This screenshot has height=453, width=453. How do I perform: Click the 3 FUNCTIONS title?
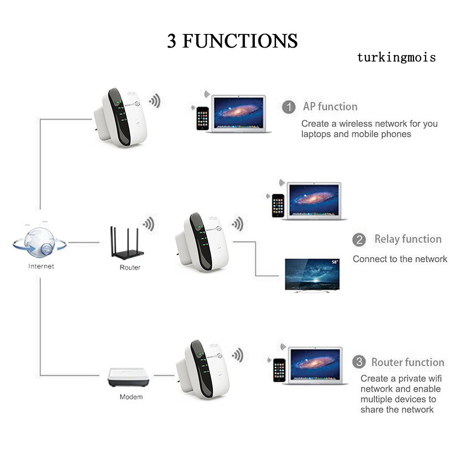(x=232, y=41)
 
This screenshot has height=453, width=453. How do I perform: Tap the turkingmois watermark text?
(x=396, y=57)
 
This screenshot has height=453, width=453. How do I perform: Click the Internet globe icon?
(x=40, y=242)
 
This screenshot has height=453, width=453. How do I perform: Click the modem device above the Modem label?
(x=128, y=377)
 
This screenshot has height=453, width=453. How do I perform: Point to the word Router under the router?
(x=130, y=267)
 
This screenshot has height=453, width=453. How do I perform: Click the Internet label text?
(x=41, y=266)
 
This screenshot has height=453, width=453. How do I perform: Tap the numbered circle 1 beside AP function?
(x=289, y=107)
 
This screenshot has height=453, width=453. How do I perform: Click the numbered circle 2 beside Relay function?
(x=359, y=239)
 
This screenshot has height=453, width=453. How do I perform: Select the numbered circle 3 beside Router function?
(x=359, y=362)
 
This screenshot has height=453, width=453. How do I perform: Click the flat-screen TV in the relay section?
(x=312, y=275)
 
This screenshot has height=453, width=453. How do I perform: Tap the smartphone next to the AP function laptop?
(x=202, y=118)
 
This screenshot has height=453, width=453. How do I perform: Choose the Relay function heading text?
(x=407, y=239)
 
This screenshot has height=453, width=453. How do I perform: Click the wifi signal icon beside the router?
(x=148, y=224)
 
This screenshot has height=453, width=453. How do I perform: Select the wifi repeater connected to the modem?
(x=202, y=369)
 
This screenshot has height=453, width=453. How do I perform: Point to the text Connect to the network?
(x=400, y=259)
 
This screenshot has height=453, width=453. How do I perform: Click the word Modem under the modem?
(x=131, y=397)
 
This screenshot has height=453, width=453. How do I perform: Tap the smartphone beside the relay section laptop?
(x=278, y=205)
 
